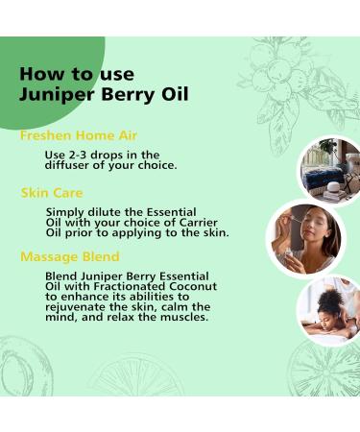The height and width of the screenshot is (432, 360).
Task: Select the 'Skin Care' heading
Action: (52, 193)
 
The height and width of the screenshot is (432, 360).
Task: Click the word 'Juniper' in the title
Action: (53, 94)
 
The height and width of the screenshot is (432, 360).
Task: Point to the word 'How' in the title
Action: (40, 73)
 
